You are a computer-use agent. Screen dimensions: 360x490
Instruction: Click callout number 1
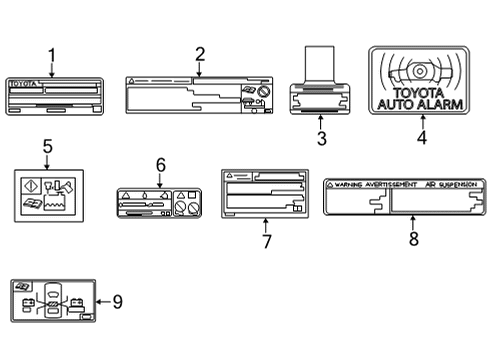coord(52,56)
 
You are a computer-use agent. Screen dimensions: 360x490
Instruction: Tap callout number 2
coord(199,54)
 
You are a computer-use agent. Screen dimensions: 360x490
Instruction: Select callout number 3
coord(321,139)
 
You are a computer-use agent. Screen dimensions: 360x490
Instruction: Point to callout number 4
coord(421,139)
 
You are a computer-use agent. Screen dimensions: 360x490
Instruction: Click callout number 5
coord(46,146)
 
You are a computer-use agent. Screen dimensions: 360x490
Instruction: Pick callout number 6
coord(159,164)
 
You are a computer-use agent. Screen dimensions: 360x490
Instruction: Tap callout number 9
coord(117,300)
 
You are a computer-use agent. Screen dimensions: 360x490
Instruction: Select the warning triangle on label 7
coord(229,175)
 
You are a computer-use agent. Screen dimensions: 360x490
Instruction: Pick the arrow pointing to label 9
coord(101,300)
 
